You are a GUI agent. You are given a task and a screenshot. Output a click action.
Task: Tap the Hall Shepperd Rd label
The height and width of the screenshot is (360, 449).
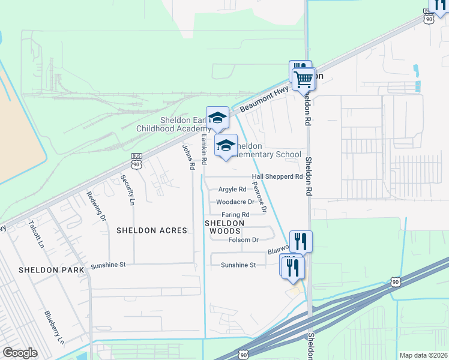coord(277,176)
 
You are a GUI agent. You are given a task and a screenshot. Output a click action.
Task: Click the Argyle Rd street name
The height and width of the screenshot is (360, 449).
coord(232,190)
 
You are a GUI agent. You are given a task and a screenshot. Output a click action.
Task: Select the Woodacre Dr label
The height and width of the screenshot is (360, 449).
coord(235,202)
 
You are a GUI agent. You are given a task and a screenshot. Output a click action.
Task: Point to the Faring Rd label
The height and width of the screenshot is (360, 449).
coord(236,214)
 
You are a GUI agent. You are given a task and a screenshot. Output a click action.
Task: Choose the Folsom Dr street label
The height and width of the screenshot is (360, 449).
coord(243,240)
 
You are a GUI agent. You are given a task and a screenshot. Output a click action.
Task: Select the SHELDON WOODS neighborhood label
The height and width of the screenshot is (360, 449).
coord(225,227)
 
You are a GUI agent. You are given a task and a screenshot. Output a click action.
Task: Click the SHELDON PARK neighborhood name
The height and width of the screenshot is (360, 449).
coord(51,270)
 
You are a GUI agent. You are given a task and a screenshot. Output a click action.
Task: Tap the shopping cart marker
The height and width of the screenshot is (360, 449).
coord(304,79)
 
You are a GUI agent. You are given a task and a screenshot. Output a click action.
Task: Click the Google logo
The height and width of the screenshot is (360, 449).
coord(20,352)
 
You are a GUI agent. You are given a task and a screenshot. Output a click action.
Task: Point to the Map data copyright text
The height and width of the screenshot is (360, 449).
coord(423,355)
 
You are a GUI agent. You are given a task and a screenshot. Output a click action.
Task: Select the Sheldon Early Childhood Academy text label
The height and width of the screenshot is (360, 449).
coord(184,124)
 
